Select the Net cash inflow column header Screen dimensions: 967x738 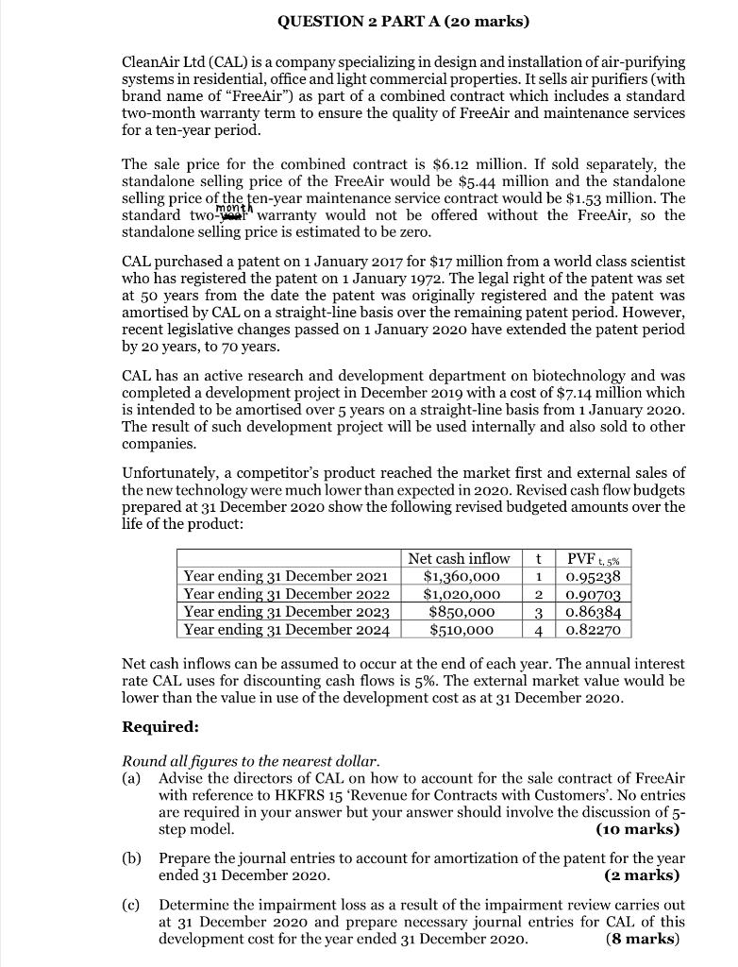pyautogui.click(x=459, y=558)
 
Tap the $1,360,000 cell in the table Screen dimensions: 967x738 pyautogui.click(x=460, y=576)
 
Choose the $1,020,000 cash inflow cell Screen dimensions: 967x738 pyautogui.click(x=460, y=594)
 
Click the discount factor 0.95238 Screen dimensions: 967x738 pyautogui.click(x=593, y=576)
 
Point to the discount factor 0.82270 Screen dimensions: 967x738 pyautogui.click(x=593, y=629)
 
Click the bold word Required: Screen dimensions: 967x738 pyautogui.click(x=160, y=728)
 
